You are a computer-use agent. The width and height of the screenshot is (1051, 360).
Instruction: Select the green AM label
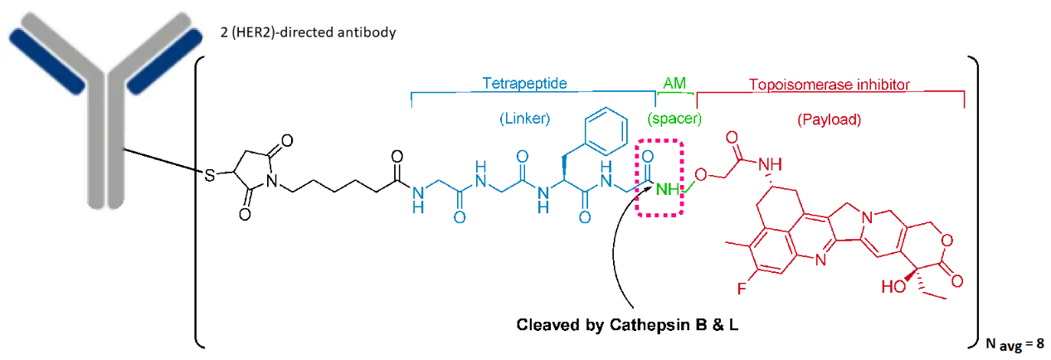(x=674, y=84)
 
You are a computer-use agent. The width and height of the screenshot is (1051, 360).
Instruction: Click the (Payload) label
(x=829, y=119)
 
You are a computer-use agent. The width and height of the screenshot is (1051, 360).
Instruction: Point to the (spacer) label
(x=674, y=119)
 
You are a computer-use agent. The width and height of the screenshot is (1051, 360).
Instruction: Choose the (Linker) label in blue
(x=525, y=119)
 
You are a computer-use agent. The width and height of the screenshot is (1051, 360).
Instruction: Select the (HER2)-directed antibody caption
(x=328, y=32)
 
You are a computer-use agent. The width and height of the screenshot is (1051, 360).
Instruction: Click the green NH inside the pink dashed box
(x=666, y=191)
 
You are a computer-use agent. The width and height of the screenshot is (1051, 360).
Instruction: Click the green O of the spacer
(x=701, y=175)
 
